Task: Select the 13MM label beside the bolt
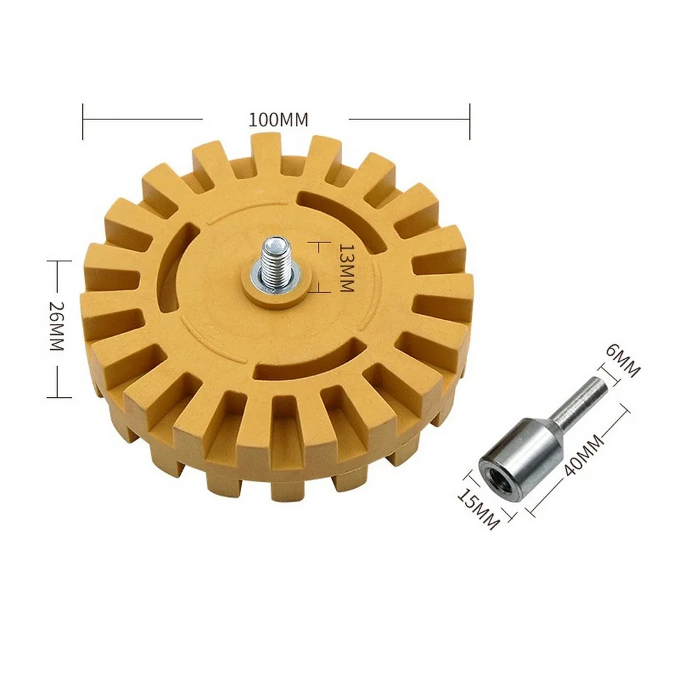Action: click(346, 267)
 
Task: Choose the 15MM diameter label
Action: click(478, 509)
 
